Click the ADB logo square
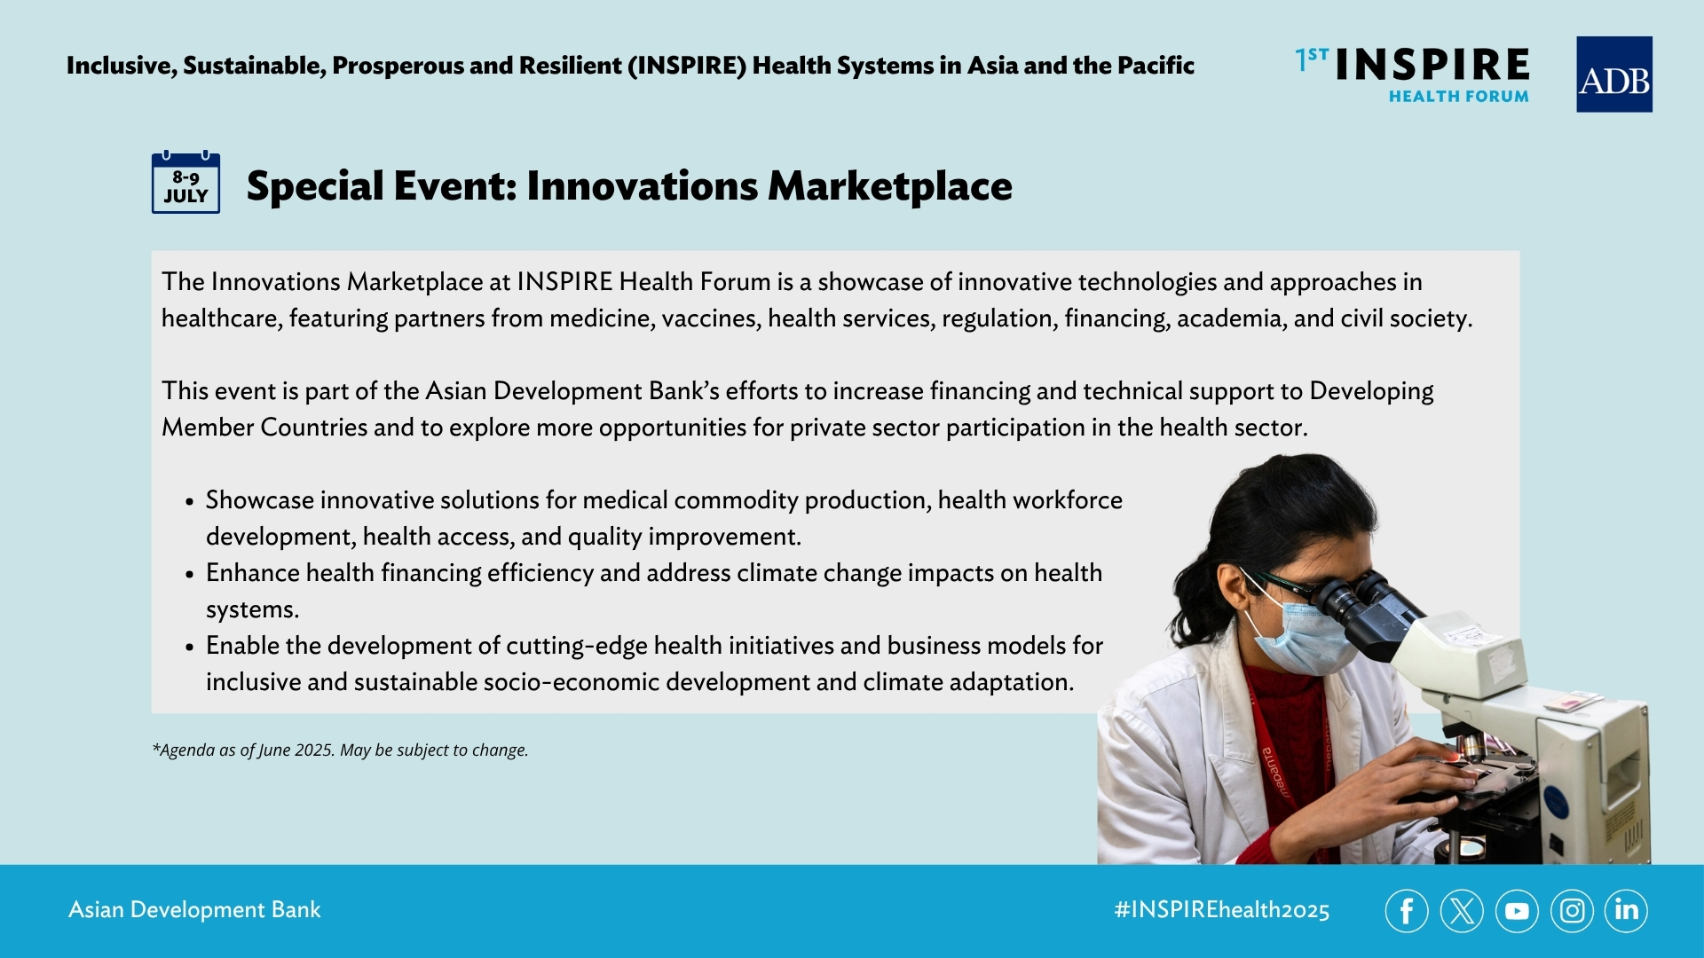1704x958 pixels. [1613, 75]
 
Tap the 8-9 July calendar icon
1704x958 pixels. [185, 182]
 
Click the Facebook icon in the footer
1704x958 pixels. [1407, 911]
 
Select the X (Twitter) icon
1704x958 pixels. [1462, 911]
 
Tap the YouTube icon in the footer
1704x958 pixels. [1517, 911]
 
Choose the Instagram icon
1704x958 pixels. [1572, 911]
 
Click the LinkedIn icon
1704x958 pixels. [1626, 911]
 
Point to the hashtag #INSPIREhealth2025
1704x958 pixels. [1222, 910]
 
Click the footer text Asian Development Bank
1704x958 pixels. [194, 910]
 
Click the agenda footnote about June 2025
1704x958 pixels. [340, 750]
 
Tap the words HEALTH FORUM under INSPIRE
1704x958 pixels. [1458, 96]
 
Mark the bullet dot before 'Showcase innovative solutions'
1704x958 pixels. [190, 501]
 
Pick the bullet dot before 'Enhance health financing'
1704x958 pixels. [190, 574]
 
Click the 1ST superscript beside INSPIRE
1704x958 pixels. [1312, 59]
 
